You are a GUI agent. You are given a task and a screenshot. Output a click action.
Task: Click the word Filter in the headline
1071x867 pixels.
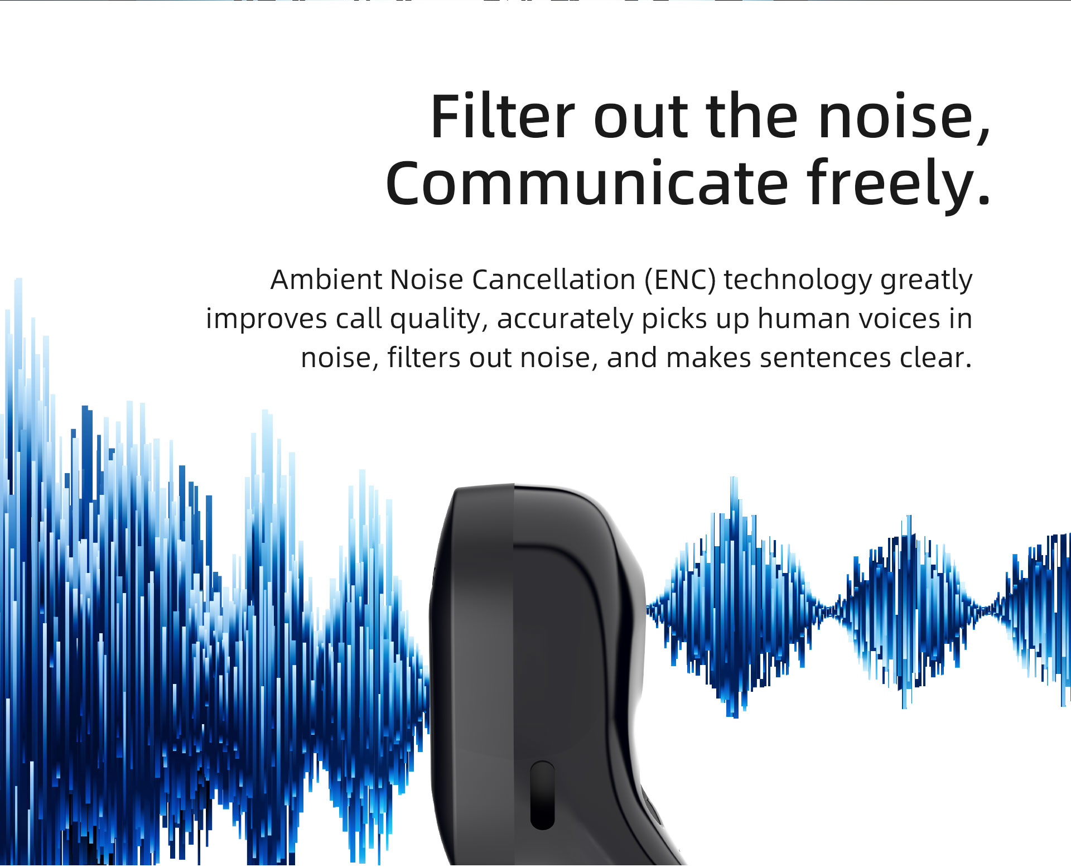502,117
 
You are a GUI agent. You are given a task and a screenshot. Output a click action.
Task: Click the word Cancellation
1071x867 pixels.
553,280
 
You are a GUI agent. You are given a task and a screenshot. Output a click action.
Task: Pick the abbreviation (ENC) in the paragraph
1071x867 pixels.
680,280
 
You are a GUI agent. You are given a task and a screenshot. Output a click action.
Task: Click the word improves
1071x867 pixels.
267,320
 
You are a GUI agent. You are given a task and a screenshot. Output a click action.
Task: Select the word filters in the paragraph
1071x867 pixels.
424,358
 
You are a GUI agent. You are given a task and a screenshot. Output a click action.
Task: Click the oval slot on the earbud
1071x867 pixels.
542,795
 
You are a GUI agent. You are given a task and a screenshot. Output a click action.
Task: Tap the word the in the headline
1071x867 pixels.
752,117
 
